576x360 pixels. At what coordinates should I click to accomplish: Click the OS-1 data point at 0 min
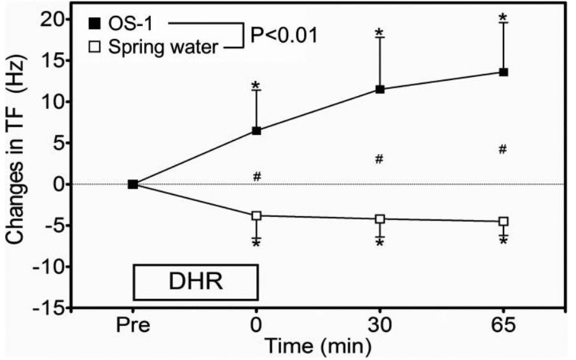(257, 131)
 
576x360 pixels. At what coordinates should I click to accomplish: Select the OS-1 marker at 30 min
(380, 90)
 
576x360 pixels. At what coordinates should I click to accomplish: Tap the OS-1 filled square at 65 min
(504, 73)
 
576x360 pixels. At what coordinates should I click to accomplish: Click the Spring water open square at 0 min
(257, 216)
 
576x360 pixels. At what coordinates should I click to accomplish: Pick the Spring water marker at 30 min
(380, 219)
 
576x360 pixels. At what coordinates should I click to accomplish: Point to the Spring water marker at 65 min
(504, 221)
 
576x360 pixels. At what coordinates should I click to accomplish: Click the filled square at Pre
(133, 184)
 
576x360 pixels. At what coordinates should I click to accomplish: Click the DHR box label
(195, 282)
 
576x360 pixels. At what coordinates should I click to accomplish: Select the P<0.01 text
(284, 34)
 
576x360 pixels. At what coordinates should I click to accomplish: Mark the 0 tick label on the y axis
(60, 184)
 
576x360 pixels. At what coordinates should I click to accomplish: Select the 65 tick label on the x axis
(504, 326)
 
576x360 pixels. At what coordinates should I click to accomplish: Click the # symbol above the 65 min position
(502, 149)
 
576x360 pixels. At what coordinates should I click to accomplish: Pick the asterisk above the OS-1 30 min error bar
(380, 32)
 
